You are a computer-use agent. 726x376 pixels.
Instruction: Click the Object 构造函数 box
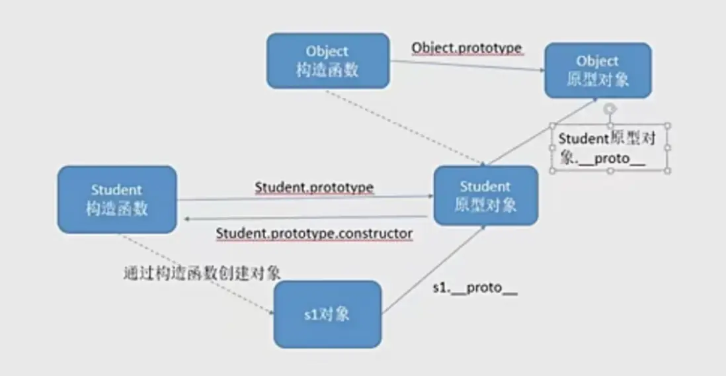coord(328,61)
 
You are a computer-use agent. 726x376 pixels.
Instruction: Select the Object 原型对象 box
coord(598,70)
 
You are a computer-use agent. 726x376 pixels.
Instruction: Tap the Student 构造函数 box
coord(117,199)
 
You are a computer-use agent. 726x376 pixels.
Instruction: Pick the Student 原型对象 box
coord(486,196)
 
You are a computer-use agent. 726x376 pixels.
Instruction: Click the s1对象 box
coord(328,314)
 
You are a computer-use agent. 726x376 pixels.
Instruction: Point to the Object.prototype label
coord(467,48)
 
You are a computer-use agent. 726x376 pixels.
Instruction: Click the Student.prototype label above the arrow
coord(314,188)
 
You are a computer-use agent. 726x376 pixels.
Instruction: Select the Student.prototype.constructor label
coord(314,233)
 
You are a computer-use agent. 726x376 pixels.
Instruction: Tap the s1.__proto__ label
coord(475,288)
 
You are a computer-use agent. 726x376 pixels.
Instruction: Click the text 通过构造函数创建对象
coord(202,273)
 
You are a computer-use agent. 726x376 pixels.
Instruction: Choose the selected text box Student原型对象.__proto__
coord(610,148)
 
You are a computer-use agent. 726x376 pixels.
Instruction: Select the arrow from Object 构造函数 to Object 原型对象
coord(467,66)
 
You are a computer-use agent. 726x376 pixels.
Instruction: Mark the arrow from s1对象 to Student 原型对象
coord(434,269)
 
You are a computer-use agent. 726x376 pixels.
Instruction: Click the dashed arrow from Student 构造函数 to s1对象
coord(198,275)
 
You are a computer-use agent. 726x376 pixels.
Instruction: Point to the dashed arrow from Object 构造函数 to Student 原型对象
coord(405,127)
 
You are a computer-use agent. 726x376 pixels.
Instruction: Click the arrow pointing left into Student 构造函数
coord(305,218)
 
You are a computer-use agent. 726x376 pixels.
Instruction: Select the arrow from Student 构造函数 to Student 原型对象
coord(305,199)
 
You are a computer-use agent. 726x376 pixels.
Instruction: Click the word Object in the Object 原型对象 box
coord(597,61)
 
